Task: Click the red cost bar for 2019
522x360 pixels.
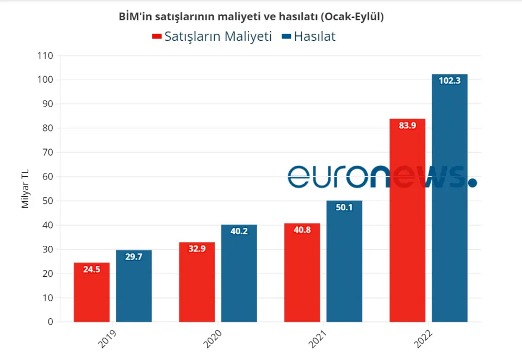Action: (x=91, y=294)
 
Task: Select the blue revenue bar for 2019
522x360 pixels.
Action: (x=133, y=288)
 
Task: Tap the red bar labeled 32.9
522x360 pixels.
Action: (x=197, y=283)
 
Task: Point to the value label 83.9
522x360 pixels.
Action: (x=407, y=126)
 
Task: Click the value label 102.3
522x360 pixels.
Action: (x=450, y=81)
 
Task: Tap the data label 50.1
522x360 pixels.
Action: (x=344, y=207)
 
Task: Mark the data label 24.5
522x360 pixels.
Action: (x=91, y=269)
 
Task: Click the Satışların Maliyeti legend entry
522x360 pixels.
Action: (x=212, y=36)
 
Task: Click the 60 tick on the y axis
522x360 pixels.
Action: (x=47, y=177)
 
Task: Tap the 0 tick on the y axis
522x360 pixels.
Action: (x=50, y=322)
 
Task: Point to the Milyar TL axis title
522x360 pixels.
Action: (x=25, y=189)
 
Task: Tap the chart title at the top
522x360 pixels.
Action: (x=251, y=17)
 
